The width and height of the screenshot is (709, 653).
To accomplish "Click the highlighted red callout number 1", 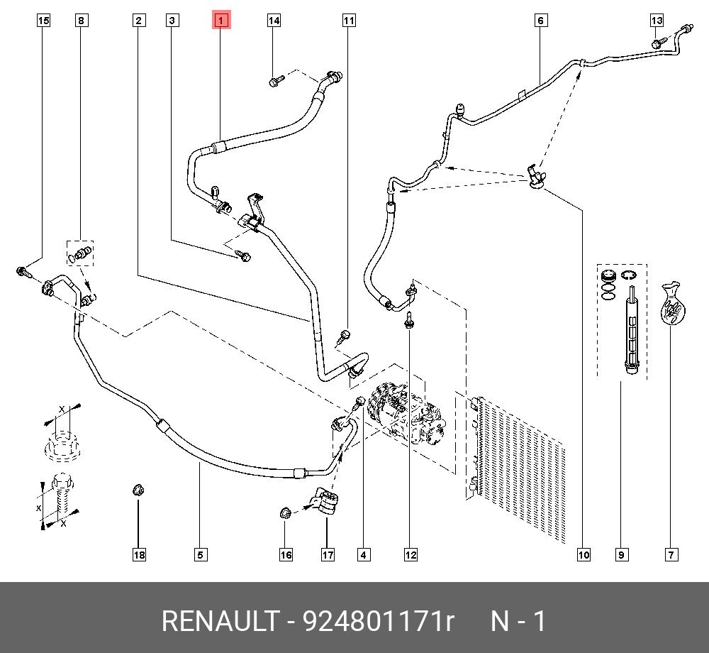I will click(x=220, y=21).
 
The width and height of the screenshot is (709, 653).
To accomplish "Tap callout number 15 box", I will click(x=43, y=21).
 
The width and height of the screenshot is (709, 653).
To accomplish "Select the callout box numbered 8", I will click(x=82, y=21).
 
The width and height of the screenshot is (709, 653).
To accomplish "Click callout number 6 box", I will click(x=540, y=21).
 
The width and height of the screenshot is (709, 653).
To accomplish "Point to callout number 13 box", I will click(x=657, y=21).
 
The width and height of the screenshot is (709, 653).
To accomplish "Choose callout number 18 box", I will click(x=139, y=555).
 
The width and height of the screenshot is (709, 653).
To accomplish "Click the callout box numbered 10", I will click(x=583, y=555).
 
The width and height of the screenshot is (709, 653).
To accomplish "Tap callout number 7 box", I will click(x=671, y=555).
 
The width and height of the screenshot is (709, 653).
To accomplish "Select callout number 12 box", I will click(x=411, y=555).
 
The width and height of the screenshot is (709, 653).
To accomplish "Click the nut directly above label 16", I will click(x=285, y=512).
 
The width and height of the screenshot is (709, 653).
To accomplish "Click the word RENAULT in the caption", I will click(x=220, y=621).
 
